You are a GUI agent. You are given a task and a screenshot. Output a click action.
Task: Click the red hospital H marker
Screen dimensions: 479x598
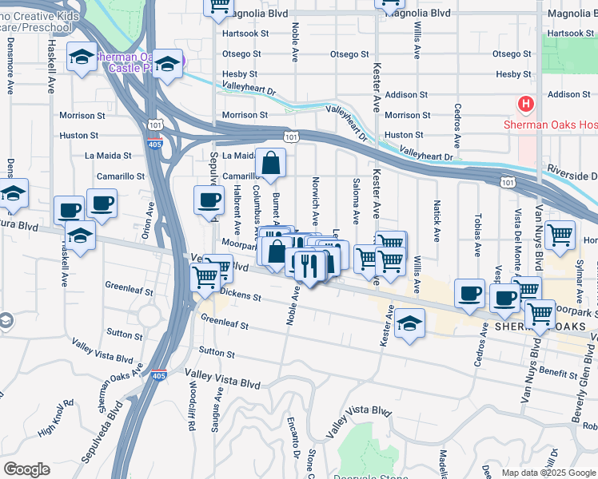[525, 104]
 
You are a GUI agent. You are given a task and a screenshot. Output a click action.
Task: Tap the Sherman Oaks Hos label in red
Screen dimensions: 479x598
[550, 125]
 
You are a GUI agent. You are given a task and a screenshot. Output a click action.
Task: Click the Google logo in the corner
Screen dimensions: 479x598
[26, 469]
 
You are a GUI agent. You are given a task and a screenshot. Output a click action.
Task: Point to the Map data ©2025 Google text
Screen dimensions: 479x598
[548, 473]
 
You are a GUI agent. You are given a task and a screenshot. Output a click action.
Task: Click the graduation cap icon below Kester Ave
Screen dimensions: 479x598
[409, 323]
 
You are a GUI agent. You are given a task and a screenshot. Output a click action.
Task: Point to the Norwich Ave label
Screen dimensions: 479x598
[316, 200]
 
